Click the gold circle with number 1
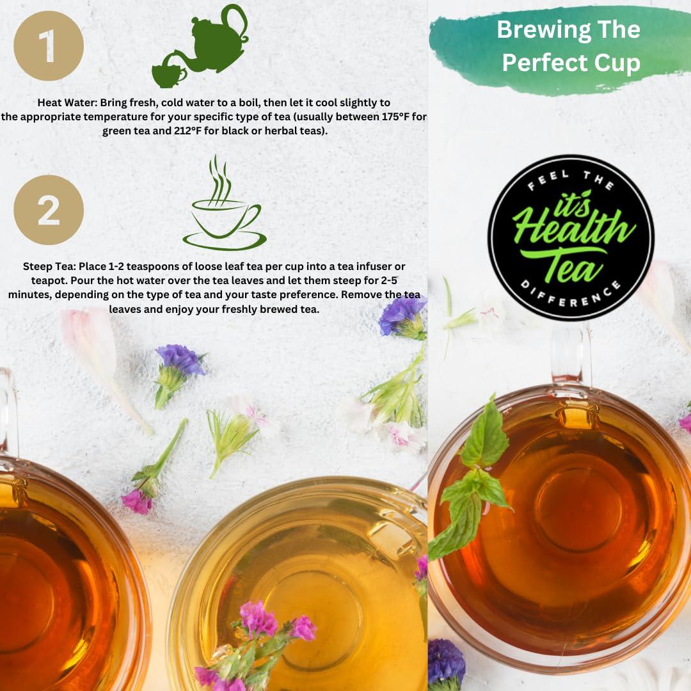49,45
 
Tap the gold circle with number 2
49,210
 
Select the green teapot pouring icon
201,46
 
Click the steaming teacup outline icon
223,208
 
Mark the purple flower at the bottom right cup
446,662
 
